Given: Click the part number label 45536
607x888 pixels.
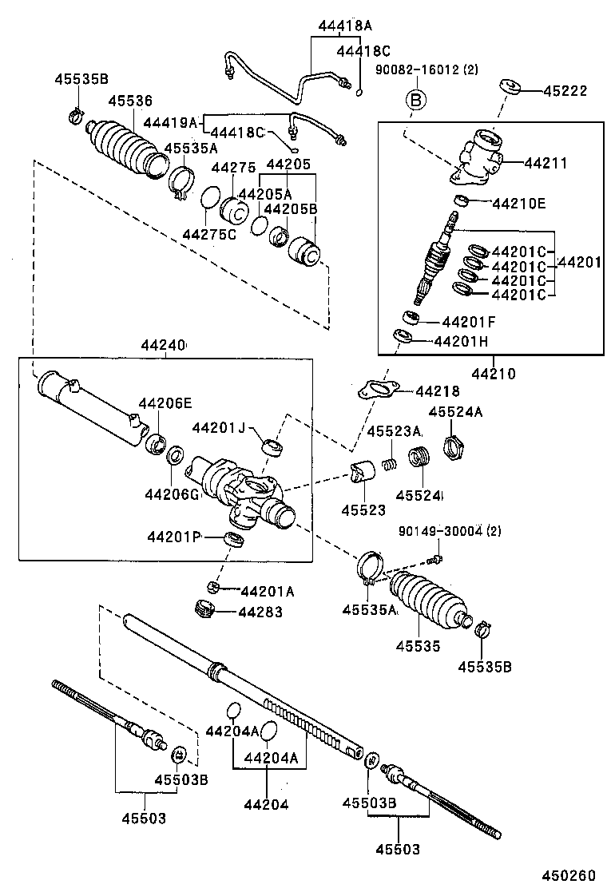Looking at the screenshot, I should [x=130, y=101].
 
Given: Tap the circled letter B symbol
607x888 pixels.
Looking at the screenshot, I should [x=415, y=100].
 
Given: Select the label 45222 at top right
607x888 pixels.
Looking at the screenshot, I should [x=565, y=91].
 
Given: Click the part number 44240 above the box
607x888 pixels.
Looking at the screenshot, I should [x=164, y=346].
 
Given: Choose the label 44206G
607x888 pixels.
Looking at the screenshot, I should [x=172, y=494].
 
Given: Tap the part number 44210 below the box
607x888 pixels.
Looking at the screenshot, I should [x=493, y=373].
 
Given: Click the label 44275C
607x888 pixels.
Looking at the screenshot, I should [x=209, y=234].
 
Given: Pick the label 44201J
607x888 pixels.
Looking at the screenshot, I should [x=218, y=428].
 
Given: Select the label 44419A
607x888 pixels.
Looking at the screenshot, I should [x=170, y=122].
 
